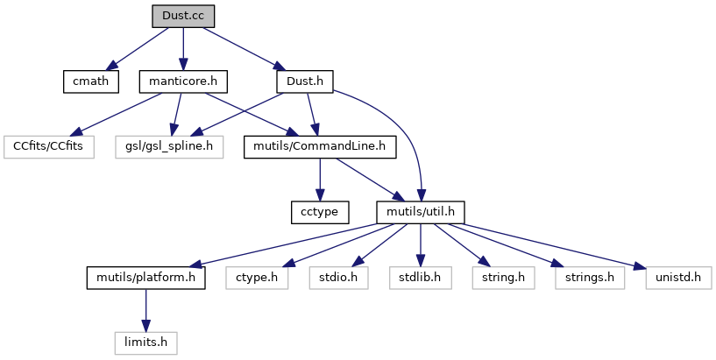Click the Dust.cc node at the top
(x=182, y=16)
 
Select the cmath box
(x=89, y=81)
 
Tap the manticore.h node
(x=182, y=81)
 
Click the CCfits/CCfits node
(x=48, y=145)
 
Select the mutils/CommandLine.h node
(x=320, y=145)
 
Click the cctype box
(x=320, y=211)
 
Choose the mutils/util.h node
(x=420, y=211)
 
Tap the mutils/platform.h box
(x=145, y=278)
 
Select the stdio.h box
(x=335, y=278)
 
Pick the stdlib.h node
(x=420, y=278)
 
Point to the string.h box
(x=498, y=278)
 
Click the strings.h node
(x=580, y=278)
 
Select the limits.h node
(x=145, y=342)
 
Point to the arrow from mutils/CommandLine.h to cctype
(x=320, y=179)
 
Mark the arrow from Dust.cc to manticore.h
(x=182, y=48)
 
